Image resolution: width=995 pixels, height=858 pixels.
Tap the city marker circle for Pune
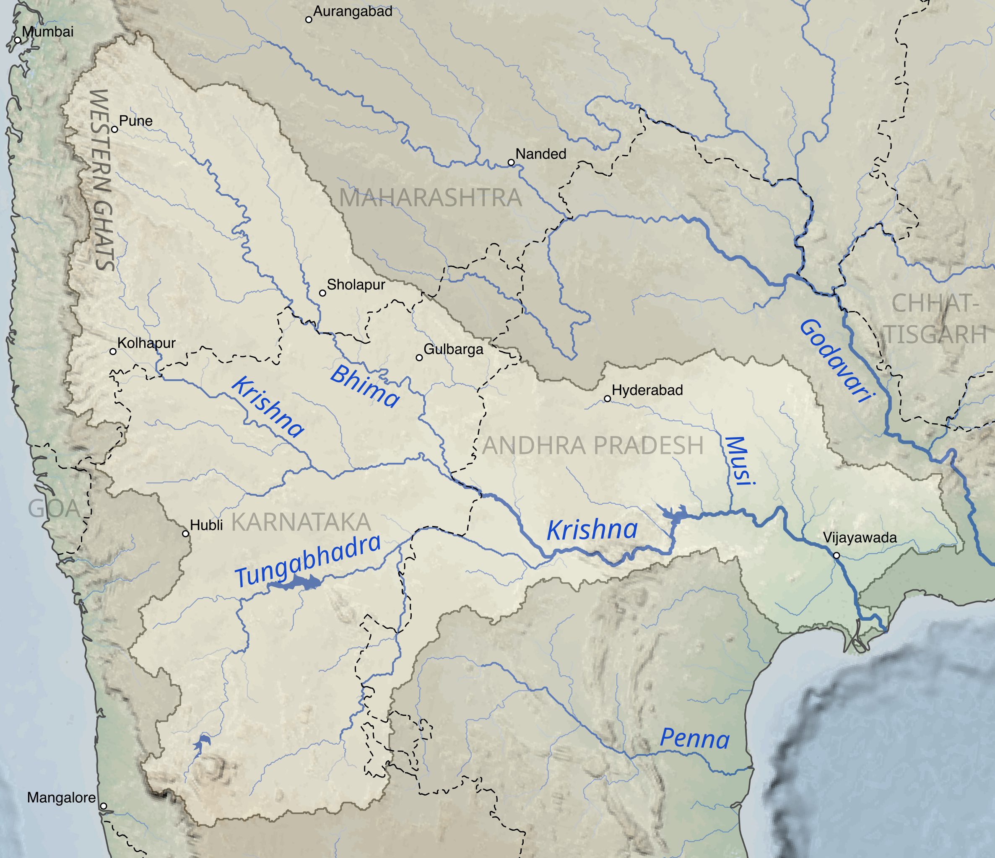114,129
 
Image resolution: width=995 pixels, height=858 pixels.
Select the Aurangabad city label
353,11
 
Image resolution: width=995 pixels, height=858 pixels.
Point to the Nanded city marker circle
511,162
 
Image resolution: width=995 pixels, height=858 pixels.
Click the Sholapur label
356,285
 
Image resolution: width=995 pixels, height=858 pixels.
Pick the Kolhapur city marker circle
113,352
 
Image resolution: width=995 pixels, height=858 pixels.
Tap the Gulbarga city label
453,349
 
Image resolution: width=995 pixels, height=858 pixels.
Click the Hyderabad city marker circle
607,399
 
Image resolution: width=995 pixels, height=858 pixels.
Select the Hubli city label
206,525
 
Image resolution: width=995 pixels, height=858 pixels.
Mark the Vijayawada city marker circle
836,555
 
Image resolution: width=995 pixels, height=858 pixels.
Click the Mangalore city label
61,798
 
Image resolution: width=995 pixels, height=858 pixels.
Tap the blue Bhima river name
364,386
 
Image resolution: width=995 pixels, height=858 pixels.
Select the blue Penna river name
694,739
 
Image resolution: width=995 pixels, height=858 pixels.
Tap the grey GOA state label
54,508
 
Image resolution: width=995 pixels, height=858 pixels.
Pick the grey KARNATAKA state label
301,522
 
